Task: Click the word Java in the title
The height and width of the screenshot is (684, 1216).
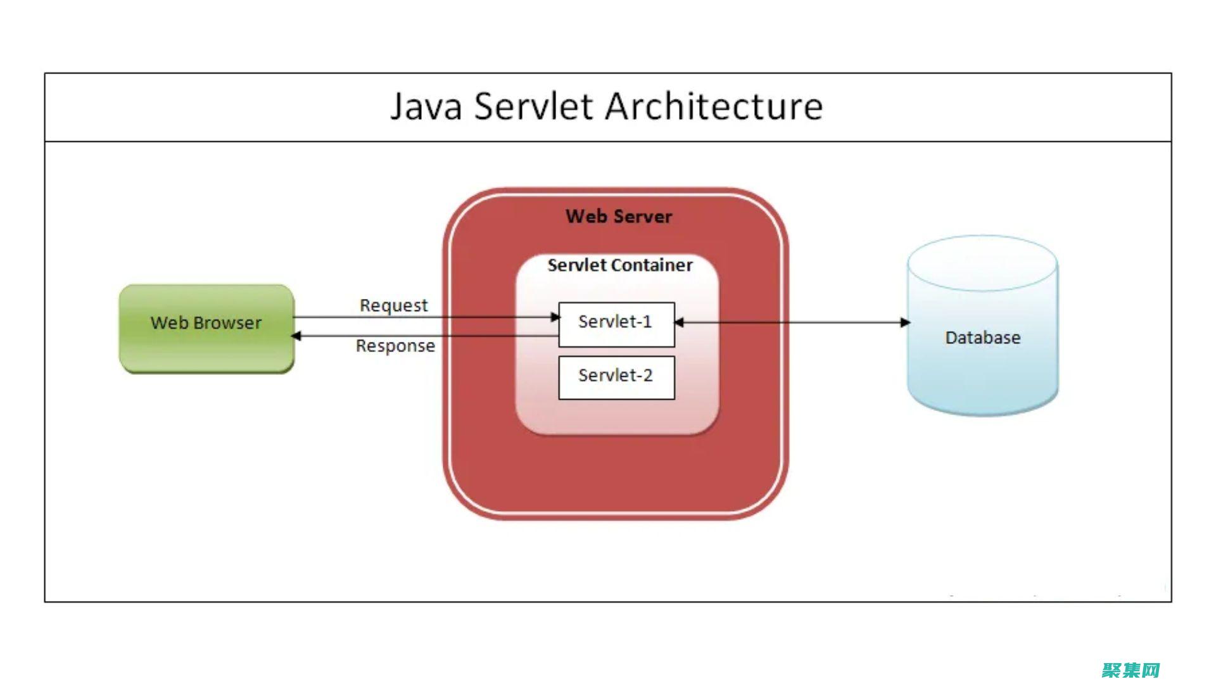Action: pyautogui.click(x=426, y=106)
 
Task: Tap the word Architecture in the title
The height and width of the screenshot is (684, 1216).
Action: pyautogui.click(x=714, y=106)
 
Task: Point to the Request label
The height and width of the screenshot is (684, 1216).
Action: pyautogui.click(x=393, y=305)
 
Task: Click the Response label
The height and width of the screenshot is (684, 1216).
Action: pyautogui.click(x=395, y=346)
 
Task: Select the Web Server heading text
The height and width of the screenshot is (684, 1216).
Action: pyautogui.click(x=619, y=217)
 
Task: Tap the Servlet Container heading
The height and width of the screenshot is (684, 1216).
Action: pyautogui.click(x=619, y=265)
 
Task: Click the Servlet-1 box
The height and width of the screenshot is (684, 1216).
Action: pyautogui.click(x=616, y=324)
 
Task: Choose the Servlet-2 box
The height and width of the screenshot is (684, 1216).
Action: pyautogui.click(x=616, y=377)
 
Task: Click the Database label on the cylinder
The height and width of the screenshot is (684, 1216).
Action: pyautogui.click(x=982, y=338)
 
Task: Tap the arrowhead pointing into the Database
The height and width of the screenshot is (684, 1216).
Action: pyautogui.click(x=906, y=322)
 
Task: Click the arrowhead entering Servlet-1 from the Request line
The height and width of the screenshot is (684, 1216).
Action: pyautogui.click(x=555, y=317)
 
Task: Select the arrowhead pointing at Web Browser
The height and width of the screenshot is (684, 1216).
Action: pyautogui.click(x=296, y=336)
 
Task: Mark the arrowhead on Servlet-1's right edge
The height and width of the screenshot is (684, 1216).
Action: pyautogui.click(x=679, y=322)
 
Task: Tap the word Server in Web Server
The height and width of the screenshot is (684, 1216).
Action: pyautogui.click(x=642, y=217)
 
